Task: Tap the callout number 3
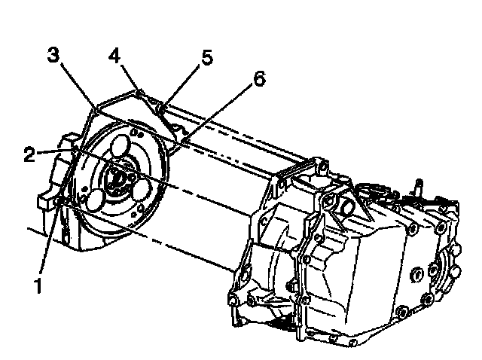[x=53, y=55]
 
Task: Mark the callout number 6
[x=259, y=79]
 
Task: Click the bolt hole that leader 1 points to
[x=60, y=202]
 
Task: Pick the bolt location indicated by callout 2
[x=74, y=153]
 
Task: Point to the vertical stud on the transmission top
[x=416, y=188]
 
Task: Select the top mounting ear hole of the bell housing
[x=323, y=164]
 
